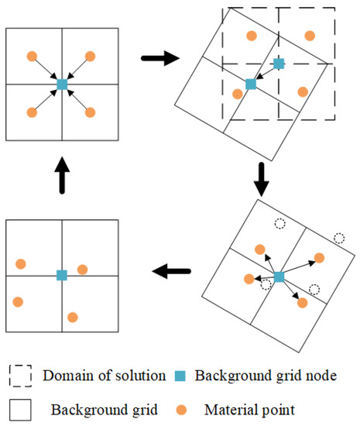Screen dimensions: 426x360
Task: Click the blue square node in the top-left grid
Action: coord(62,84)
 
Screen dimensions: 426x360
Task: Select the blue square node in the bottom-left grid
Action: coord(62,275)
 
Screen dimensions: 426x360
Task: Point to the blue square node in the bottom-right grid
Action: coord(279,277)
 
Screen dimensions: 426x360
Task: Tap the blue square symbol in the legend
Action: coord(180,376)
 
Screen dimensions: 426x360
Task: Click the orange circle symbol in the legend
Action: coord(180,407)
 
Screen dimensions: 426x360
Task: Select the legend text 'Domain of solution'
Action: coord(105,376)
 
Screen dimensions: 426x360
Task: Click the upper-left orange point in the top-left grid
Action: coord(32,56)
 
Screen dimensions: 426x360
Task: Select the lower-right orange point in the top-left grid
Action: coord(90,112)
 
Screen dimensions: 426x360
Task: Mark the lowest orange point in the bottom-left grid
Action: coord(73,317)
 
